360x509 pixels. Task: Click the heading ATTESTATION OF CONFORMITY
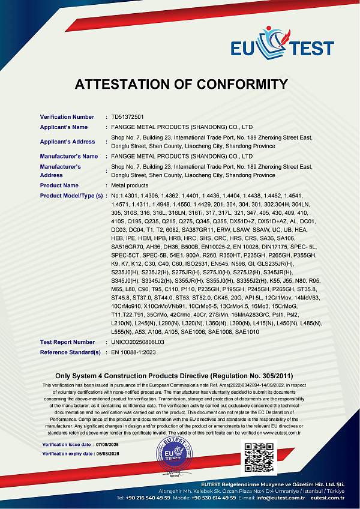point(181,84)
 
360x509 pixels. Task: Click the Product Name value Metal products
point(127,185)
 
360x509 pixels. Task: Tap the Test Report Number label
point(67,342)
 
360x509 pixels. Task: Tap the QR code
point(259,457)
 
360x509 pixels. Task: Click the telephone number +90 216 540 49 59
point(143,498)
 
